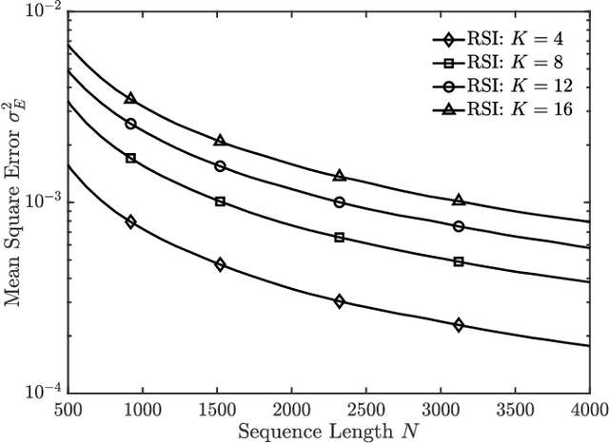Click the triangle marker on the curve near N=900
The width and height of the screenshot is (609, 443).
[130, 99]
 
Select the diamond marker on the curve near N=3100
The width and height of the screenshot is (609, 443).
[459, 325]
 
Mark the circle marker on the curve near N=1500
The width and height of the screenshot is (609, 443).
[220, 166]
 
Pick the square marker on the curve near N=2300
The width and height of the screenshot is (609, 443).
[339, 238]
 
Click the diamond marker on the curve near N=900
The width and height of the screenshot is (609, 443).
[130, 221]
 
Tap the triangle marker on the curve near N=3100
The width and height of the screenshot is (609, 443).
[459, 201]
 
